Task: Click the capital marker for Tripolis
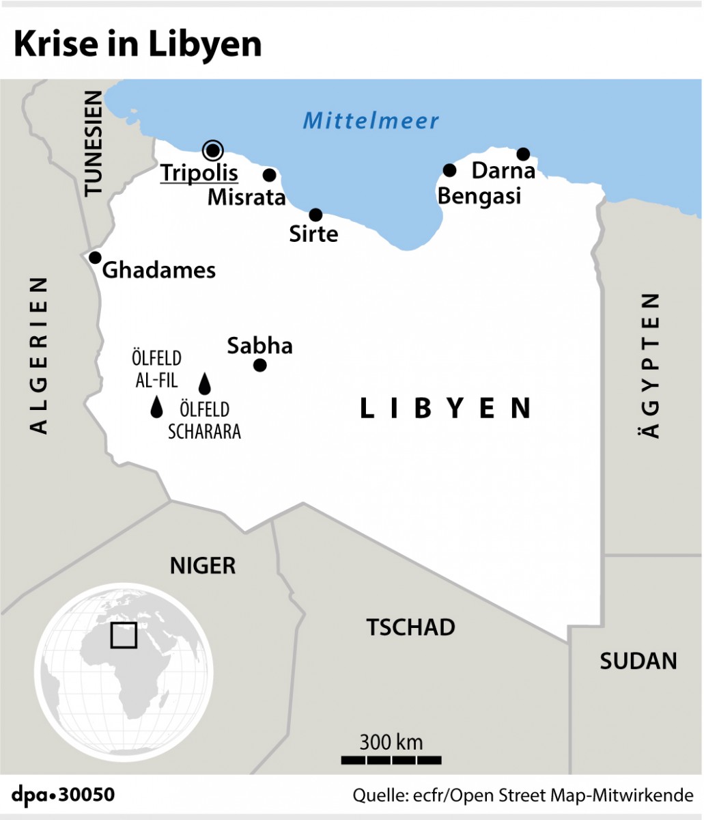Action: click(x=212, y=150)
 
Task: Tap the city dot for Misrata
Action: click(x=270, y=175)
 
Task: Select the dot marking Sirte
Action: click(x=315, y=215)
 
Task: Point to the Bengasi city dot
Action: click(x=449, y=170)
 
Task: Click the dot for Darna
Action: click(x=523, y=154)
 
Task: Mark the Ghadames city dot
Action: click(x=95, y=258)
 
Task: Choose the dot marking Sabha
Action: click(x=259, y=365)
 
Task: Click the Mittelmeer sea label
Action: click(x=371, y=121)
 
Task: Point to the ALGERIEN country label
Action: click(x=38, y=355)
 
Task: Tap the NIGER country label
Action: click(x=202, y=566)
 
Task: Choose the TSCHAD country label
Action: click(x=410, y=627)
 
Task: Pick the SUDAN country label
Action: click(x=638, y=661)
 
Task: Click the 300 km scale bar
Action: click(x=391, y=759)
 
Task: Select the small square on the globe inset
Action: click(x=124, y=635)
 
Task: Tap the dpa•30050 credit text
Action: click(x=63, y=795)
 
